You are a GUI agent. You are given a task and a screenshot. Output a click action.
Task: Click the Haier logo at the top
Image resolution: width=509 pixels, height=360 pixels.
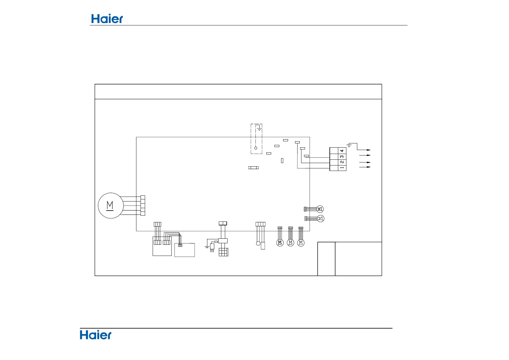click(107, 19)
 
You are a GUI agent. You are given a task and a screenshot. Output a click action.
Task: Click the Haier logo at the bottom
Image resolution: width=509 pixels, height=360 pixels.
click(96, 335)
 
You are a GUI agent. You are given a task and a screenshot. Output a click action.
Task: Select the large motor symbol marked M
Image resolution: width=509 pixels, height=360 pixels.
click(111, 206)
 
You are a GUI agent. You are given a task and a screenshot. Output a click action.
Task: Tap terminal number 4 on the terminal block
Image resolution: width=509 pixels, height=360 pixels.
click(342, 151)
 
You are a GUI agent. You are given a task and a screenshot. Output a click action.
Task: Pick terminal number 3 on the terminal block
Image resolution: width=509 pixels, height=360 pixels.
click(342, 156)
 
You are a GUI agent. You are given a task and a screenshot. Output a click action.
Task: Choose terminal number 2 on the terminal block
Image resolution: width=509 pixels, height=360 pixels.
click(342, 162)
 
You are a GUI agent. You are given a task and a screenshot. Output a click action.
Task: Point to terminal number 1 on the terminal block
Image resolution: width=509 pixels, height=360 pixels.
click(342, 168)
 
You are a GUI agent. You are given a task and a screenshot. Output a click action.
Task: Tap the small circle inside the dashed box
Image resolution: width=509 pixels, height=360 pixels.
click(256, 148)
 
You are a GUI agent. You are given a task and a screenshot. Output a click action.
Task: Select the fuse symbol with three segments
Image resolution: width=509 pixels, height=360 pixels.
click(253, 167)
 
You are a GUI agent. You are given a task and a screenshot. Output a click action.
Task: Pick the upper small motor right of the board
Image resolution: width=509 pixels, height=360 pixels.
click(320, 209)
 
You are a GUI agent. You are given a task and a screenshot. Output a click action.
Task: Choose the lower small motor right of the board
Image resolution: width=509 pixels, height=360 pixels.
click(321, 218)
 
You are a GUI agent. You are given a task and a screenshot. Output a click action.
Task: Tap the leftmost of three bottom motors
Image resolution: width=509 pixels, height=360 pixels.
click(280, 243)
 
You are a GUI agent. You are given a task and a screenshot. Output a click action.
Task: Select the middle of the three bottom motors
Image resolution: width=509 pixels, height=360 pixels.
click(290, 243)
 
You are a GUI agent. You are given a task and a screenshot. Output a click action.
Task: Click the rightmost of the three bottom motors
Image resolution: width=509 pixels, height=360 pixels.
click(301, 243)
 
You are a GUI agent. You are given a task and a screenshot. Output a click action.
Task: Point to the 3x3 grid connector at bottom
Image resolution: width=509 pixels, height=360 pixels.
click(223, 252)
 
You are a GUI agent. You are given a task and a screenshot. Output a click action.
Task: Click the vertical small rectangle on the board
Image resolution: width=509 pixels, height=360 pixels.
click(282, 161)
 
